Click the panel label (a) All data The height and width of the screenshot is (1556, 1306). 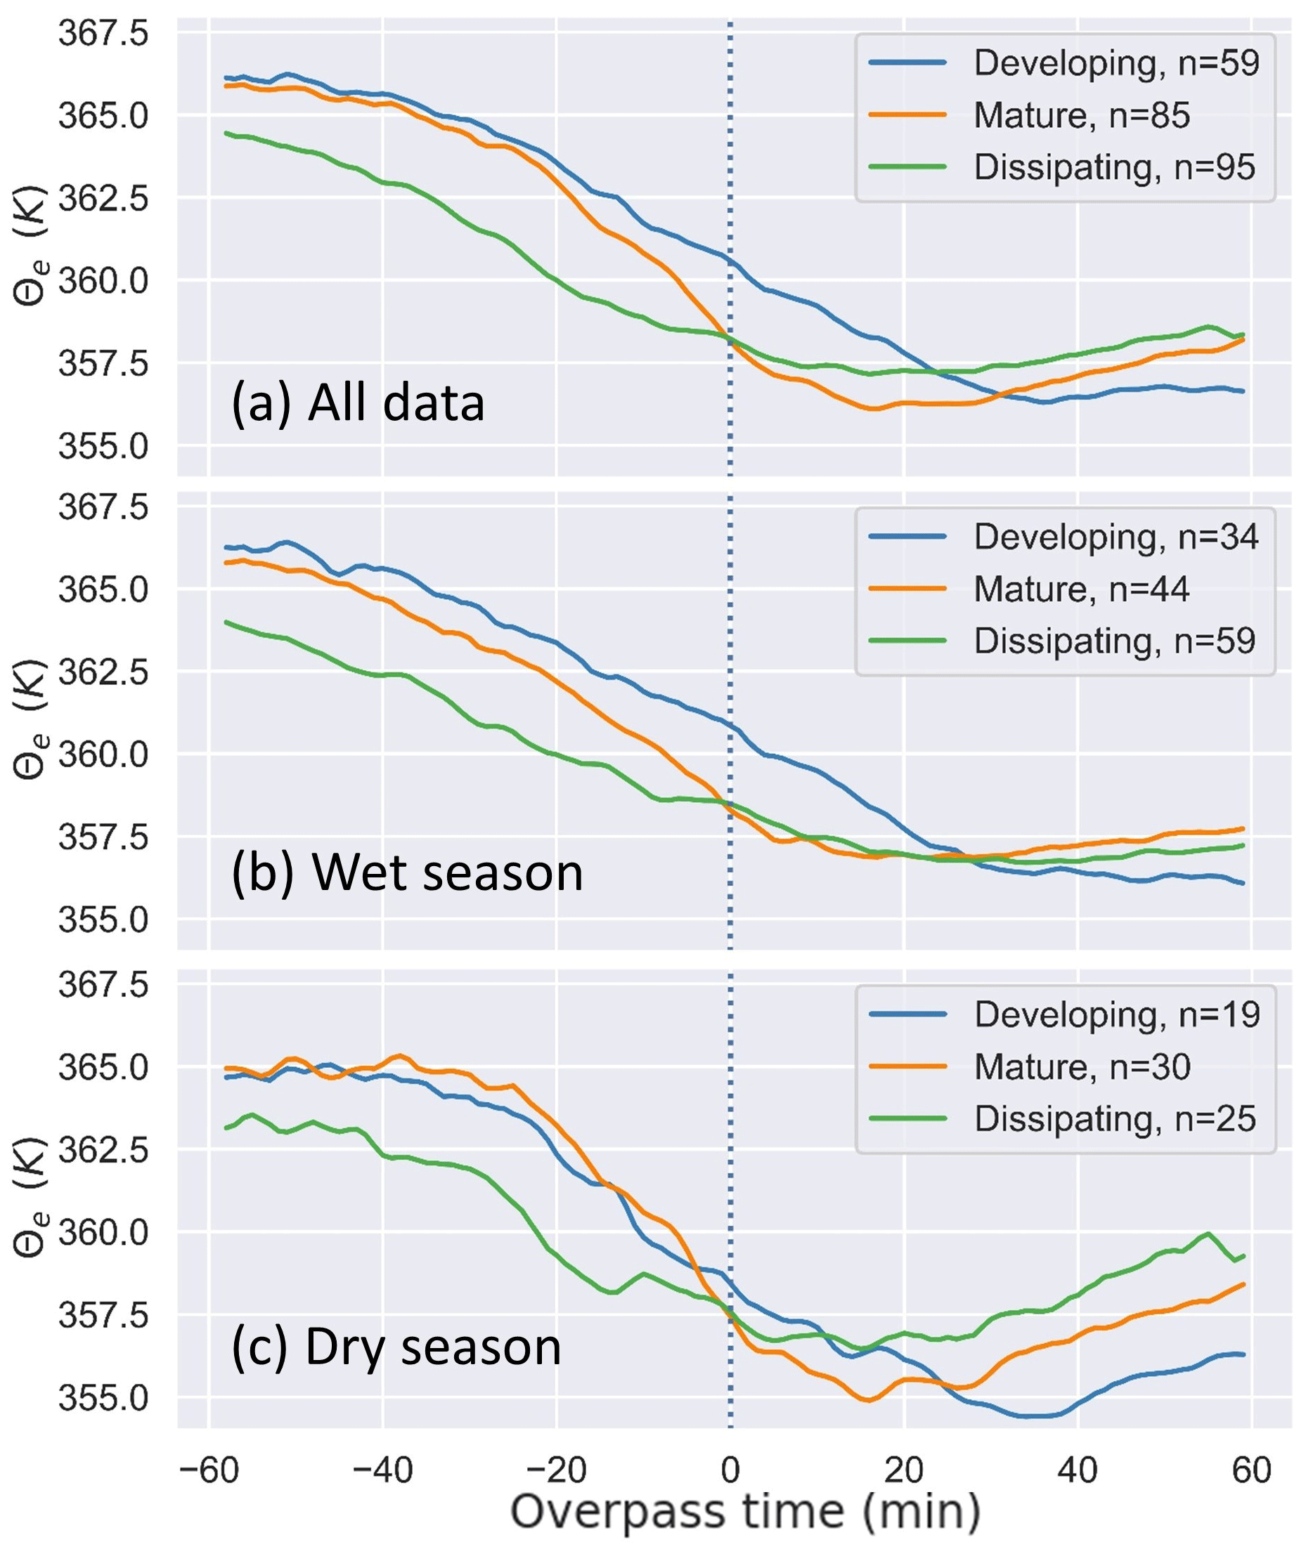pyautogui.click(x=358, y=404)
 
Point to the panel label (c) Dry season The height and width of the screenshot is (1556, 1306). pyautogui.click(x=396, y=1347)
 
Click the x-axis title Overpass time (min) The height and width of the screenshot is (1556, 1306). pyautogui.click(x=745, y=1512)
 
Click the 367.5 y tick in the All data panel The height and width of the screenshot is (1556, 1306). pyautogui.click(x=104, y=33)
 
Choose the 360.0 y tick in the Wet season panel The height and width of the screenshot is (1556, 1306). pyautogui.click(x=104, y=755)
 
